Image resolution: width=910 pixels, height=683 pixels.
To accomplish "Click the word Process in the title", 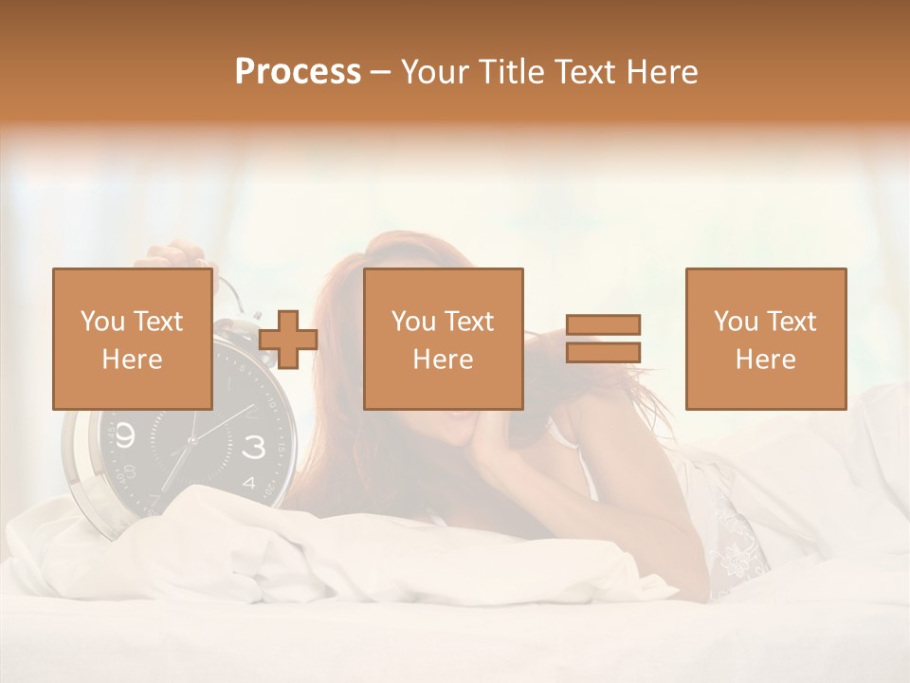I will [x=298, y=71].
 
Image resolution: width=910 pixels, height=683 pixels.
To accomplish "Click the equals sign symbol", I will [x=603, y=339].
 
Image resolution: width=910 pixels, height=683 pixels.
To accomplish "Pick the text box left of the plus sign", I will [x=132, y=339].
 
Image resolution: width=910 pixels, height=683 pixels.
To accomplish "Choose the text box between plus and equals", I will [x=443, y=339].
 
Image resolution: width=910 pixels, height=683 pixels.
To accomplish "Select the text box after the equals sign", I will [x=765, y=339].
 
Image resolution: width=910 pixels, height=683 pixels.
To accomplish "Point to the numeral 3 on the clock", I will [x=254, y=448].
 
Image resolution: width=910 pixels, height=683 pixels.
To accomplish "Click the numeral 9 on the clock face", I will [x=127, y=435].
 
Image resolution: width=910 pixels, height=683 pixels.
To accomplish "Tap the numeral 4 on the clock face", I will [x=248, y=483].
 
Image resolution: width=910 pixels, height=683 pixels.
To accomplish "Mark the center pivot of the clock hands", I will [x=191, y=439].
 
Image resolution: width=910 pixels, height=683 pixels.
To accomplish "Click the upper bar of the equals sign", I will [x=603, y=324].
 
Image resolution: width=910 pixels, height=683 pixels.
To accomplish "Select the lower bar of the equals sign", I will [x=603, y=353].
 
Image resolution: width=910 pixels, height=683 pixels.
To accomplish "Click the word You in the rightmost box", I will [x=735, y=322].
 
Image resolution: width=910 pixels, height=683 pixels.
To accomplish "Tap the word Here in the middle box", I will [x=443, y=360].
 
